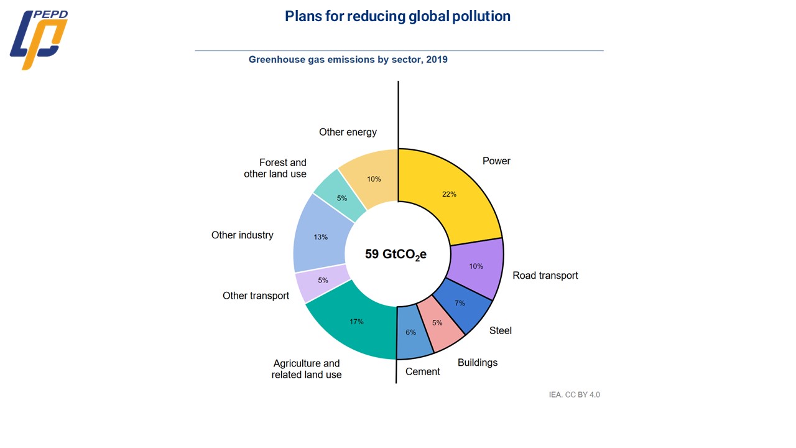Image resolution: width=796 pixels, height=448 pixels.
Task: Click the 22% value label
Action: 449,194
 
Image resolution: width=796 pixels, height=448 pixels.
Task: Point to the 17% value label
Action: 356,322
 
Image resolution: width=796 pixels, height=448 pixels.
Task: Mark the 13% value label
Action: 320,237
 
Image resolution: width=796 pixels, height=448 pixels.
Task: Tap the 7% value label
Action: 460,303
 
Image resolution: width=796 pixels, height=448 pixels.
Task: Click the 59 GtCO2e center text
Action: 396,254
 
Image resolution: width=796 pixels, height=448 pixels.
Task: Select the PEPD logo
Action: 39,39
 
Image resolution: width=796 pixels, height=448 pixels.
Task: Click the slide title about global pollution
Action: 397,17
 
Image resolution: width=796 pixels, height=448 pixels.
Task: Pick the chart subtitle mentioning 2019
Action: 348,60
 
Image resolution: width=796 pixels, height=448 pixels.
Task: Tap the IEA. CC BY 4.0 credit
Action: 574,394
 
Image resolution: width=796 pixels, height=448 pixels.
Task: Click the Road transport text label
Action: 545,276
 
